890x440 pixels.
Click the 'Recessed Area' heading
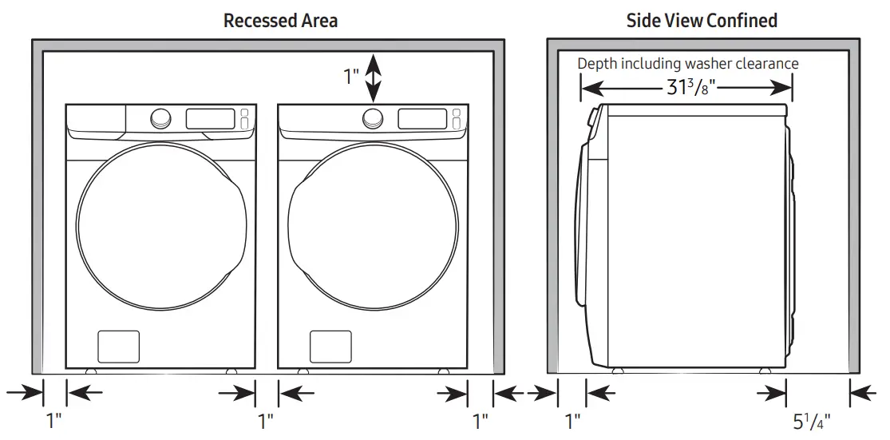point(280,21)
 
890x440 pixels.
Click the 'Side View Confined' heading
point(702,21)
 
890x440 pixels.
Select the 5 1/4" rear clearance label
point(813,420)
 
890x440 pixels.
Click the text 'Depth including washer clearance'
point(687,64)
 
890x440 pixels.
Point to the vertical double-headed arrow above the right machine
point(373,76)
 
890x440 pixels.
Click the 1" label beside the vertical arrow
point(351,77)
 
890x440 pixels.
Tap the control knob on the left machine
point(160,118)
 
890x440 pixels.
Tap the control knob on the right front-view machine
point(371,119)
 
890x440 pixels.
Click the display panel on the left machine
point(210,119)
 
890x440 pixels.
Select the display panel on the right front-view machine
point(421,119)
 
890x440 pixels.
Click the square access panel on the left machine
point(118,346)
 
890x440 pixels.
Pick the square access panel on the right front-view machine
point(329,346)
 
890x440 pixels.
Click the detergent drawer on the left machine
point(97,121)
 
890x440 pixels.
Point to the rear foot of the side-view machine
point(765,371)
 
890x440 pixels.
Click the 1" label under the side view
point(572,420)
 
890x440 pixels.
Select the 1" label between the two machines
point(267,420)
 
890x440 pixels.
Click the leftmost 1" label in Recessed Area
point(54,420)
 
